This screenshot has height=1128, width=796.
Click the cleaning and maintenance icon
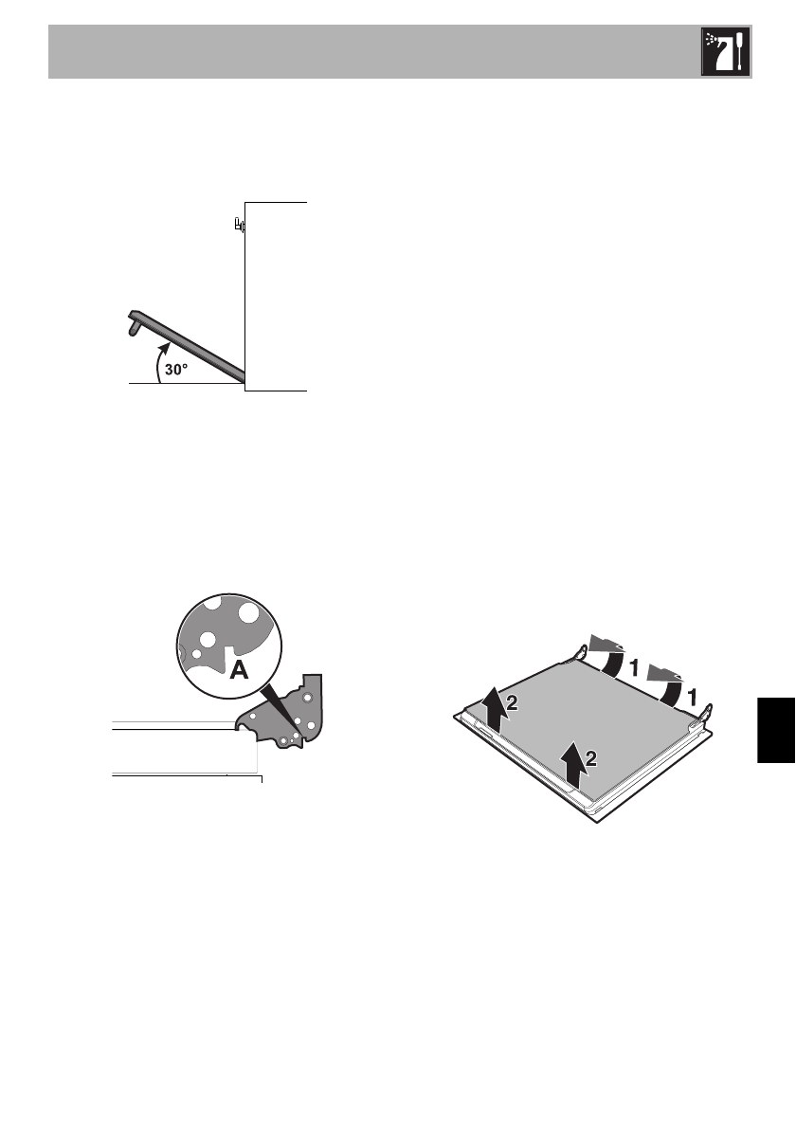(x=726, y=53)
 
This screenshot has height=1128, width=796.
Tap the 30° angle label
(x=177, y=372)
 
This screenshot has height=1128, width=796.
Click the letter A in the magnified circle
(x=240, y=671)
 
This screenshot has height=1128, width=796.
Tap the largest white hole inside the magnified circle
(x=248, y=612)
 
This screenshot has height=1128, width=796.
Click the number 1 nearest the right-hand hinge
(x=693, y=697)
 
